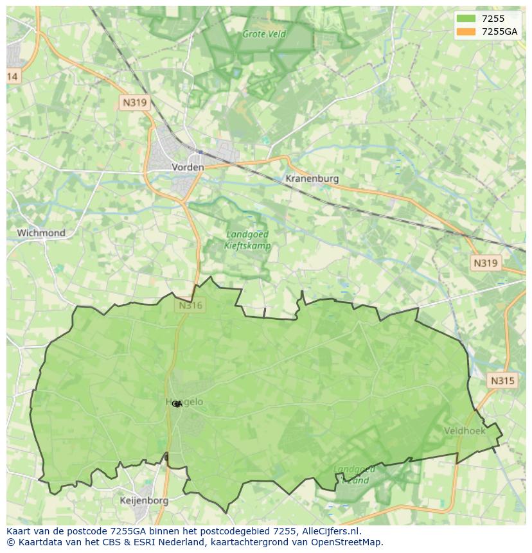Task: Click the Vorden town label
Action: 188,167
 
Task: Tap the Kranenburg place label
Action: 312,179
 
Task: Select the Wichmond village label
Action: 41,233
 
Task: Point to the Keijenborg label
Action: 144,500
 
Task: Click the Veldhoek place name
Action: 465,430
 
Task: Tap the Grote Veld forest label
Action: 263,34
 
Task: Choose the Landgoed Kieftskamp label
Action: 247,240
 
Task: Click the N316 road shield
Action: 190,306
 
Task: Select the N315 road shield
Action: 502,381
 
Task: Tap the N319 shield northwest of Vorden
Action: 134,102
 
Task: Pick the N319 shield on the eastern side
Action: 485,263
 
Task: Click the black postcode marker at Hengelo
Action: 177,404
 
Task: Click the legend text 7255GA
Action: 500,32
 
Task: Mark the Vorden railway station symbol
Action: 200,152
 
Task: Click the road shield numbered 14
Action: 12,76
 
